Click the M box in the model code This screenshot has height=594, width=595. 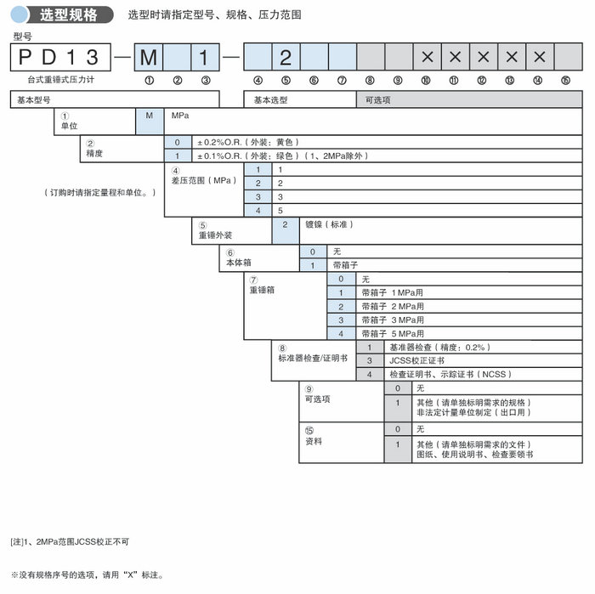(x=149, y=58)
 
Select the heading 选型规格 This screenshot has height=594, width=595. (x=69, y=15)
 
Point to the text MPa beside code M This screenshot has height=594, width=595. (x=180, y=115)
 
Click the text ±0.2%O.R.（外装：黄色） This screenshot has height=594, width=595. (x=248, y=142)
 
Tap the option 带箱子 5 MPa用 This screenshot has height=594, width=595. (x=393, y=334)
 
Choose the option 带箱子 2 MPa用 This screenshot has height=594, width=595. (x=393, y=306)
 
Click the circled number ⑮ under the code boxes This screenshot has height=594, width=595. (x=565, y=81)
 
